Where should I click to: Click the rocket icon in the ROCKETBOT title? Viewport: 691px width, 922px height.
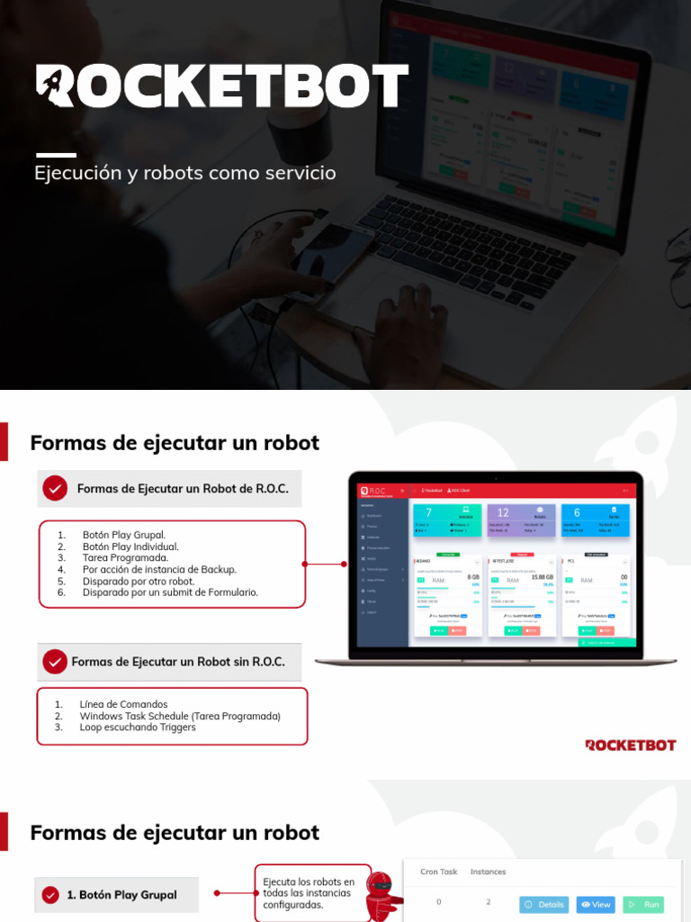[x=56, y=86]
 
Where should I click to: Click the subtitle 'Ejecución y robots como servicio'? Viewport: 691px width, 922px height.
[x=185, y=172]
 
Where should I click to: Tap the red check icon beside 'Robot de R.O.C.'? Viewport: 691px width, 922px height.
[x=56, y=489]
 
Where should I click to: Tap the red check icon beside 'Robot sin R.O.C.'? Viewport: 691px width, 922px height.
[x=55, y=662]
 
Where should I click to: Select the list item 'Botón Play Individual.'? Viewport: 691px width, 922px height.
[x=130, y=547]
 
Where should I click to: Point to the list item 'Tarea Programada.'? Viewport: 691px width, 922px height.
[x=125, y=558]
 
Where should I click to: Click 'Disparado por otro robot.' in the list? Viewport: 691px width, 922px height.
[x=139, y=582]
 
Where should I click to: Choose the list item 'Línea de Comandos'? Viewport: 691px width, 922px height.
[x=123, y=704]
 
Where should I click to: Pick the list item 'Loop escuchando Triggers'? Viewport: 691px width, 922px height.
[x=138, y=728]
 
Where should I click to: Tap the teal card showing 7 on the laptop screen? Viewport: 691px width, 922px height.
[x=444, y=519]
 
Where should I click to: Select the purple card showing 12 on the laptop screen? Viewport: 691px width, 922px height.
[x=519, y=519]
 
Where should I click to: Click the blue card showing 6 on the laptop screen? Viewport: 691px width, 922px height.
[x=595, y=519]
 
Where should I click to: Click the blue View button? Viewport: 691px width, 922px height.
[x=596, y=904]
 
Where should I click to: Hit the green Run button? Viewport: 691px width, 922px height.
[x=643, y=904]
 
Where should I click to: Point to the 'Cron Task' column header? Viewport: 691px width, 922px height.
[x=439, y=872]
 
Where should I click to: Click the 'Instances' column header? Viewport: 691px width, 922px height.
[x=489, y=872]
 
